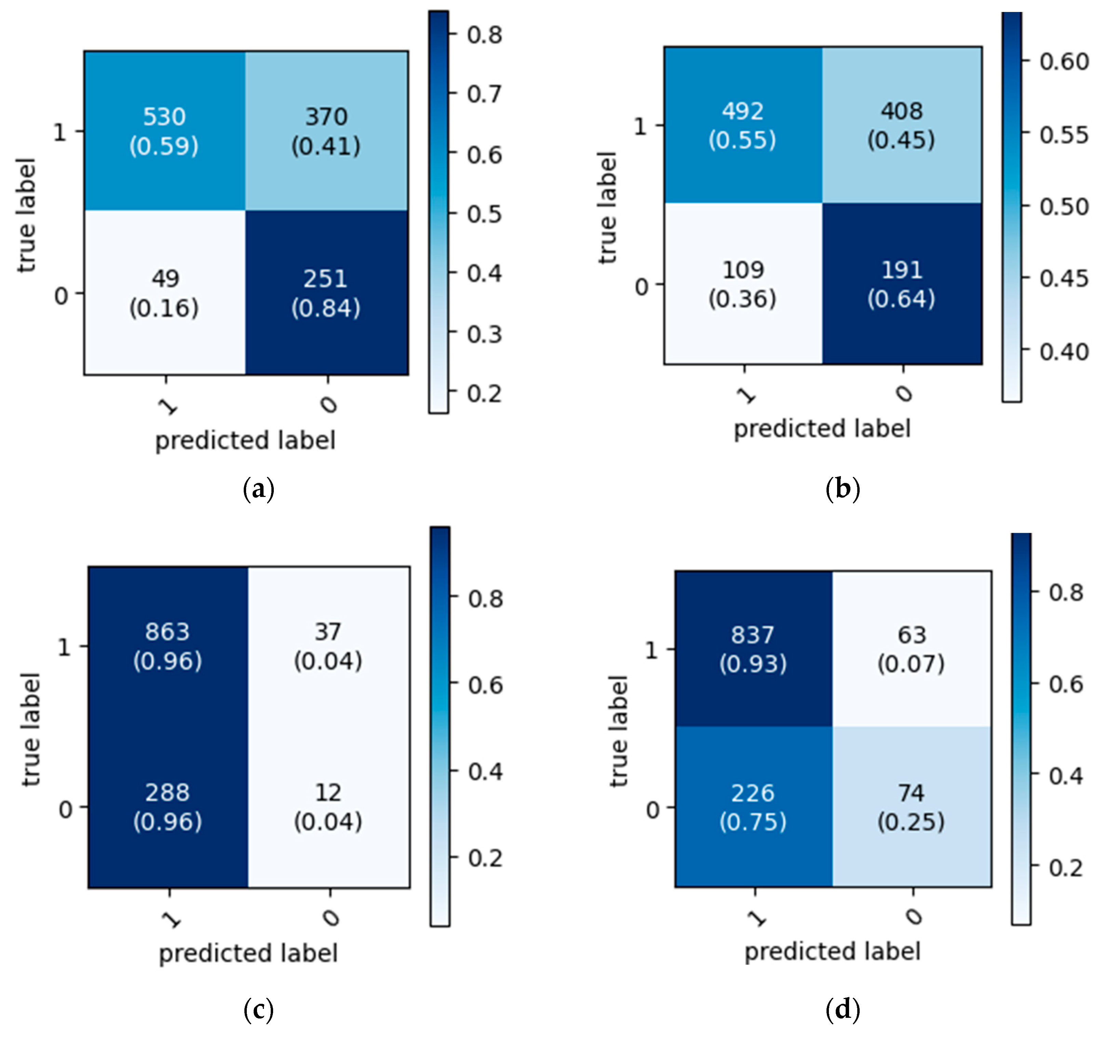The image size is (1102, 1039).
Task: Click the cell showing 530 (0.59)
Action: coord(164,131)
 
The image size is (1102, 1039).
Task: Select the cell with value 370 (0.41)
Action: coord(326,131)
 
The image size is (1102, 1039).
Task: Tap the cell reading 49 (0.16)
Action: coord(164,293)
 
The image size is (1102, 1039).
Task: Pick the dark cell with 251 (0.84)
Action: coord(326,293)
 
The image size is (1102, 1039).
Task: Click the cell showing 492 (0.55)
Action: coord(743,125)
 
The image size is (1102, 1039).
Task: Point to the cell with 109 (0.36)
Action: coord(743,284)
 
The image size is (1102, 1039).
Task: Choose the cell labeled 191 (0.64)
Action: coord(902,284)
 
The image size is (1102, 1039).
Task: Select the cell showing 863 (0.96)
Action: coord(167,646)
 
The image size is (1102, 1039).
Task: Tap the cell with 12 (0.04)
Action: coord(328,807)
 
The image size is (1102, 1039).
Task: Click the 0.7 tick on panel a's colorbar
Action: coord(484,94)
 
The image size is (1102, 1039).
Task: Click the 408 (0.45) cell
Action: coord(902,125)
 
